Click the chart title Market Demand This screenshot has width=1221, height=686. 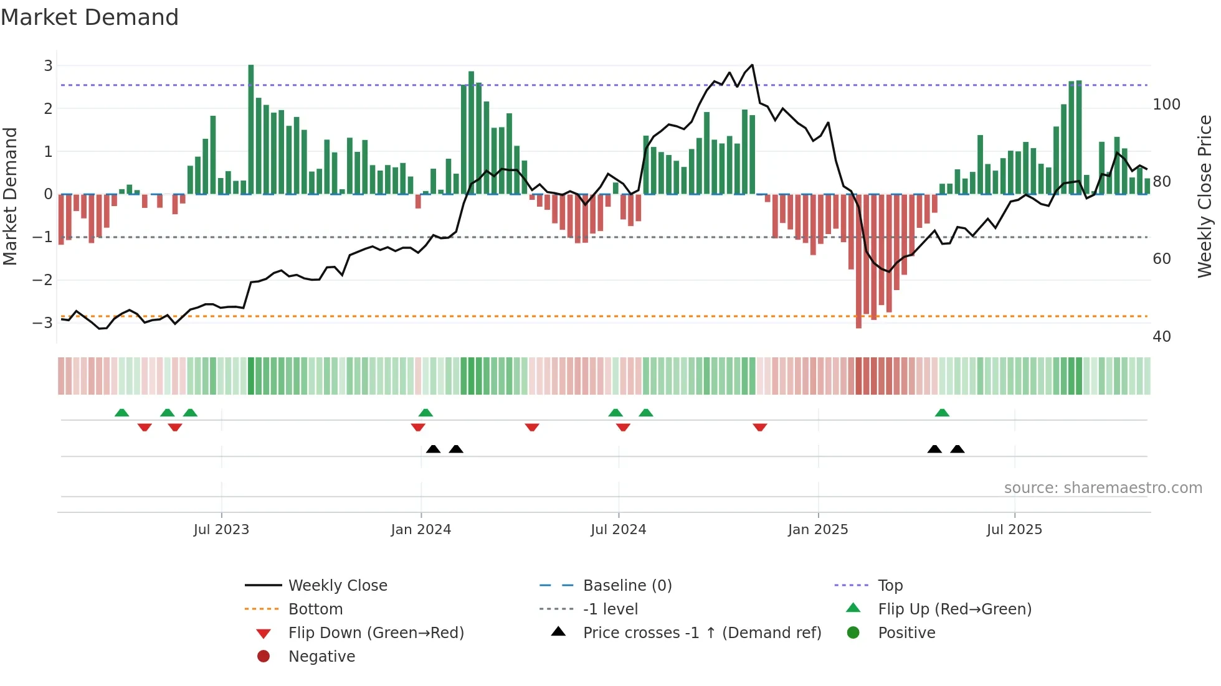(90, 17)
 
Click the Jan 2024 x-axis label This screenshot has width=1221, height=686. (420, 530)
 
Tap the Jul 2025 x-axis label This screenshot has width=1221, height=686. (1014, 530)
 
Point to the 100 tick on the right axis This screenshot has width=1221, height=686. (1166, 105)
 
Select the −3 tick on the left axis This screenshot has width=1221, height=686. (43, 322)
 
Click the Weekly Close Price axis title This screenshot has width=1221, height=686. (1205, 196)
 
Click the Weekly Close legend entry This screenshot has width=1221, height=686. (337, 586)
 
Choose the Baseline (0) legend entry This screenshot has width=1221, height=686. (627, 586)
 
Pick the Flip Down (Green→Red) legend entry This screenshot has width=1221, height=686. (376, 633)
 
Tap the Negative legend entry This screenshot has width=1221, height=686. (321, 657)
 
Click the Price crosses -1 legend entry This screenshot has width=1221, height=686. (701, 633)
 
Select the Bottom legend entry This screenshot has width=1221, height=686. (315, 609)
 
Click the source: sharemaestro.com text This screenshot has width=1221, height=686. (1103, 488)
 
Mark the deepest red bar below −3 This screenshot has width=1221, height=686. (858, 261)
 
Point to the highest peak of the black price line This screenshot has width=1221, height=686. (752, 65)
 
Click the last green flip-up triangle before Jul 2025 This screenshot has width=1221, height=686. (942, 413)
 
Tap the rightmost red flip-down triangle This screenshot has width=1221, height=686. (759, 428)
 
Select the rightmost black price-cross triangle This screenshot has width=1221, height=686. (957, 449)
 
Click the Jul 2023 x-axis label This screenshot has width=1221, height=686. (221, 530)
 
